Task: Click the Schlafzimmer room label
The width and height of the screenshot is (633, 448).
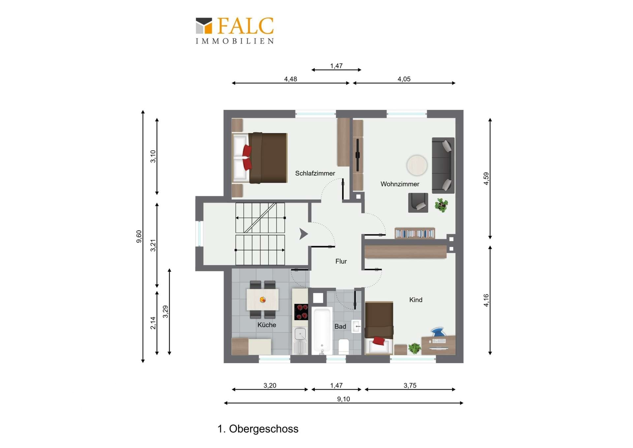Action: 315,173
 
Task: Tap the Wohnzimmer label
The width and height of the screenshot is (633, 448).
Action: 400,184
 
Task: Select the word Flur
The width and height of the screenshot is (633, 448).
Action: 341,261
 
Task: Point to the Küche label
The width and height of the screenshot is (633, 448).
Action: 267,325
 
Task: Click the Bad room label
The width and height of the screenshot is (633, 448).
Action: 340,327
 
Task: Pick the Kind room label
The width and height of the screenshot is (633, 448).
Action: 416,300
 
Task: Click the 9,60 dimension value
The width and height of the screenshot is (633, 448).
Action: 139,236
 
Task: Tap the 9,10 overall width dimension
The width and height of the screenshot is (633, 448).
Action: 344,399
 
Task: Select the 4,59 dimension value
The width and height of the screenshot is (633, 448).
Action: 486,179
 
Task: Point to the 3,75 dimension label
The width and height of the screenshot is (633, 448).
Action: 410,385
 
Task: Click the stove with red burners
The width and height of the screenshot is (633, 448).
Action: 301,312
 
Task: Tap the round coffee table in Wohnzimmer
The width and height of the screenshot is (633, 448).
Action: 417,165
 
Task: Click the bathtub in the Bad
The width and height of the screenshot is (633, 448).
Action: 322,331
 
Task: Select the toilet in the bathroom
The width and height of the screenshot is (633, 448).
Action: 344,347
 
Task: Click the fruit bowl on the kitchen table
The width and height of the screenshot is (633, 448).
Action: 263,300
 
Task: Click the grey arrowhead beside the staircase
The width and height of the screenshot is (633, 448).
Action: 303,234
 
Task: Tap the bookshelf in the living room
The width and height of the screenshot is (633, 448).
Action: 415,233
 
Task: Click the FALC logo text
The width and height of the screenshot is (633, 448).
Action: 246,26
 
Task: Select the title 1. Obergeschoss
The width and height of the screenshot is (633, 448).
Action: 258,429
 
